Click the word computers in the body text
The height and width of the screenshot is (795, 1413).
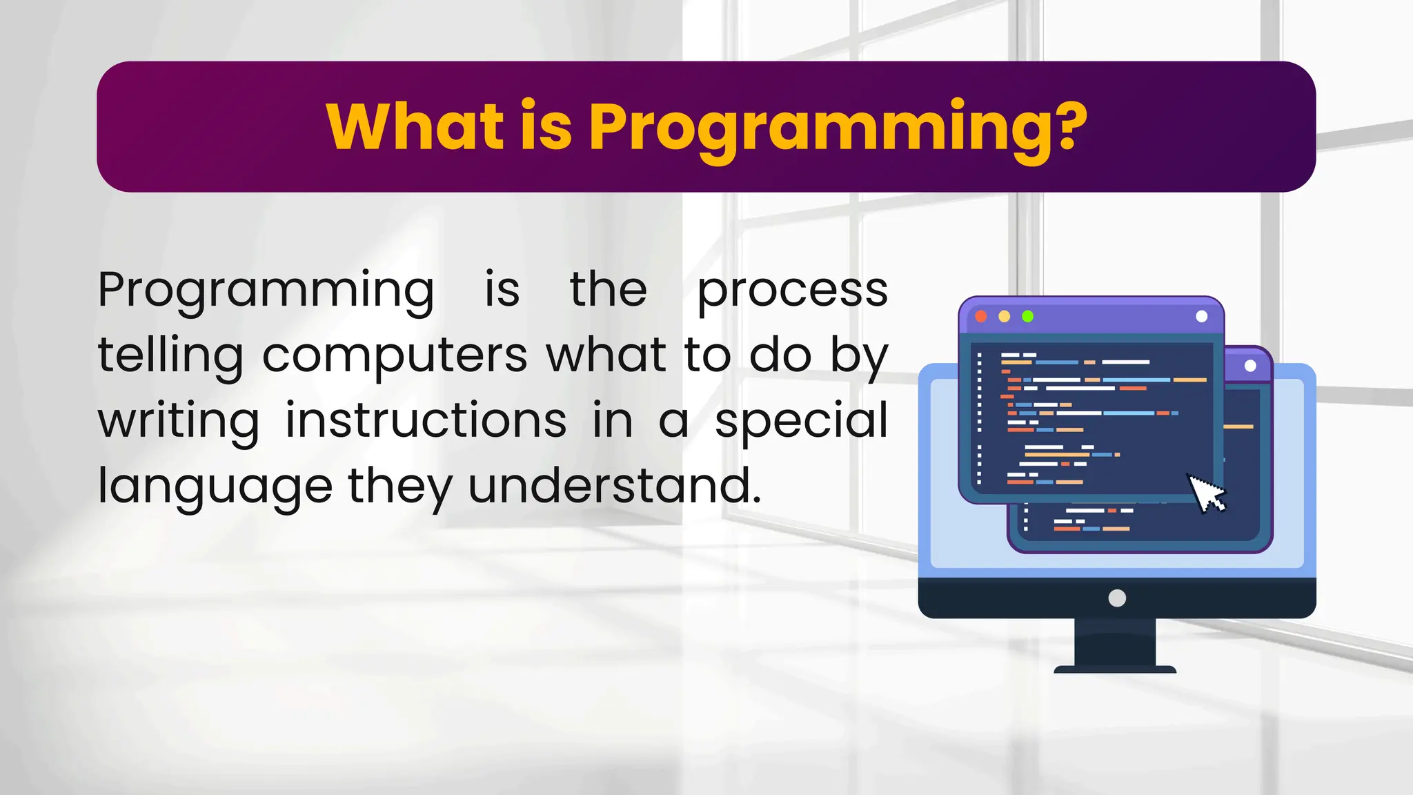(x=395, y=356)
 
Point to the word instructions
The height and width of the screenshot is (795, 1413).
(x=426, y=420)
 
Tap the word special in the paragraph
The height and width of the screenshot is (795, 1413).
(x=801, y=422)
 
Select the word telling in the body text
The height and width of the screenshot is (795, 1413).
(x=170, y=356)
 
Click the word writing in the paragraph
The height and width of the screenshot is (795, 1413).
(x=179, y=422)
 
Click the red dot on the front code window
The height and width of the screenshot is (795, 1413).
(x=981, y=316)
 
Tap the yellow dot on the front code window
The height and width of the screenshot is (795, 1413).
(x=1005, y=316)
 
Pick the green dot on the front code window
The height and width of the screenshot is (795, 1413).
(x=1027, y=316)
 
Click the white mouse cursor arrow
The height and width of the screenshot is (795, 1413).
(x=1205, y=493)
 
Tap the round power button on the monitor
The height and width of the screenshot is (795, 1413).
(x=1117, y=598)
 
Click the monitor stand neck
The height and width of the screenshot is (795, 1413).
(x=1115, y=642)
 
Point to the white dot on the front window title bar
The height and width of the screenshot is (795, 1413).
(x=1201, y=316)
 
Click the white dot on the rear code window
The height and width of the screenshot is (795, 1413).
(x=1250, y=366)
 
